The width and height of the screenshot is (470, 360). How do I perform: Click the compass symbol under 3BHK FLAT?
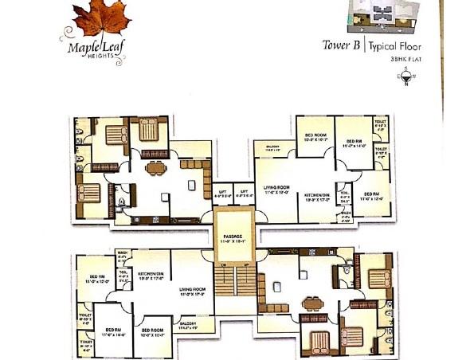point(406,77)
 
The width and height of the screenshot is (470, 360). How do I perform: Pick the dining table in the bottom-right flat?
point(310,303)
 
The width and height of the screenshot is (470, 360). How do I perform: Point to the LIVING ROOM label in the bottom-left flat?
point(192,292)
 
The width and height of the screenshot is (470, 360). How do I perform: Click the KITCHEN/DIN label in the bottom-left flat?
point(151,276)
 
